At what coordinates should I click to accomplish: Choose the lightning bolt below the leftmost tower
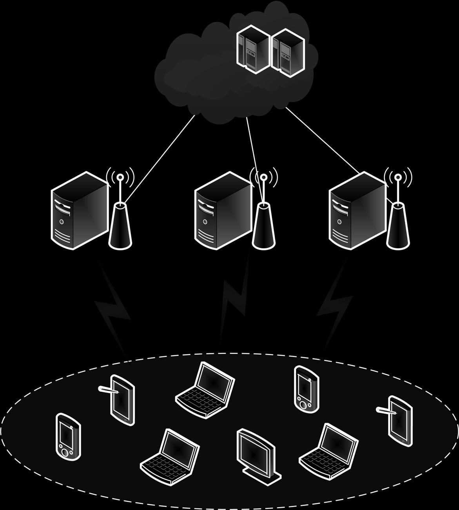click(114, 309)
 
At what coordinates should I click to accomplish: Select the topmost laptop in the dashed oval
click(205, 390)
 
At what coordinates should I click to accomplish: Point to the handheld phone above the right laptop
click(306, 388)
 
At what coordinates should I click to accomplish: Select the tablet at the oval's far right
click(400, 421)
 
